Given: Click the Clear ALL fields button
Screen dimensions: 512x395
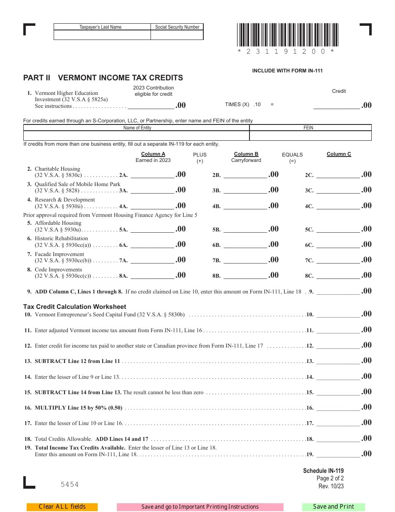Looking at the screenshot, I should (62, 507).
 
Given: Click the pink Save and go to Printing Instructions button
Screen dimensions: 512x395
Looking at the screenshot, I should (200, 507).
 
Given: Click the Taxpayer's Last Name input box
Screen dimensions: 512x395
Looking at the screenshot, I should (102, 35).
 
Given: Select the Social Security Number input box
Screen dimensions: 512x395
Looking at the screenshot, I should (177, 35).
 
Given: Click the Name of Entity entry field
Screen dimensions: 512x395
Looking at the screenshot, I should (136, 136).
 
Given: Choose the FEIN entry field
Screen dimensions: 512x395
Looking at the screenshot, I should (310, 136).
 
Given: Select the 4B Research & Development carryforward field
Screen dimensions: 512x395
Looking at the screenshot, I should (245, 205).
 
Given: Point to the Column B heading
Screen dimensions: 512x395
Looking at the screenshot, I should (246, 154).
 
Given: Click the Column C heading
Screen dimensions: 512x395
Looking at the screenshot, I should (339, 154).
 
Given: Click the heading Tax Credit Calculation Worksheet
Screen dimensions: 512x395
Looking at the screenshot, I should (74, 307).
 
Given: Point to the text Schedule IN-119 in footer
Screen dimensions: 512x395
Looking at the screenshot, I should (323, 471).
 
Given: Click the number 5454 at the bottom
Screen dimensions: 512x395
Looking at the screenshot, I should (69, 485).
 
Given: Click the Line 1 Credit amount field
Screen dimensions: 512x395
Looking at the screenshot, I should (336, 105).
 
